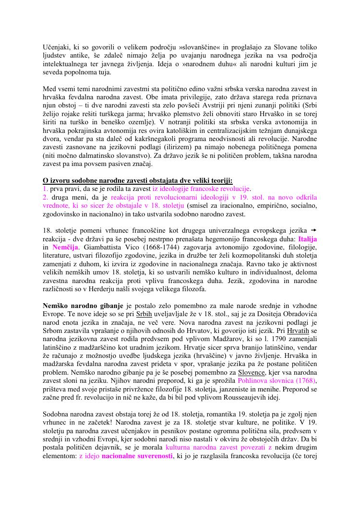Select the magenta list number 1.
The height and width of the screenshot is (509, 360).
(x=46, y=189)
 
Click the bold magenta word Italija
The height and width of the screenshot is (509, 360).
(x=308, y=238)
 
